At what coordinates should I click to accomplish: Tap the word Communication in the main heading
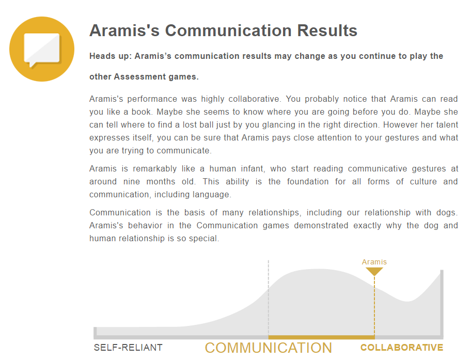point(228,30)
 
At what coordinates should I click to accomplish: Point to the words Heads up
point(109,56)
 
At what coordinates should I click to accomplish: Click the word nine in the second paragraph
point(132,181)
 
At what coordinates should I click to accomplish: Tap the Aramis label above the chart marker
point(374,262)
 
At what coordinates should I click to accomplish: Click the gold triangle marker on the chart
point(374,271)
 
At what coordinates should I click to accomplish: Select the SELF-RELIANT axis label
point(128,348)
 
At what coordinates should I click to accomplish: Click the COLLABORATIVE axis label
point(402,348)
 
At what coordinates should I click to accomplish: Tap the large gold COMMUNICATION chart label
point(268,348)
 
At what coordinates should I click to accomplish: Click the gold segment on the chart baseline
point(321,337)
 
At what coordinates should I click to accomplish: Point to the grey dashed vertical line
point(268,298)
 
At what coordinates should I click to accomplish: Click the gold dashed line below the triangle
point(374,306)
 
